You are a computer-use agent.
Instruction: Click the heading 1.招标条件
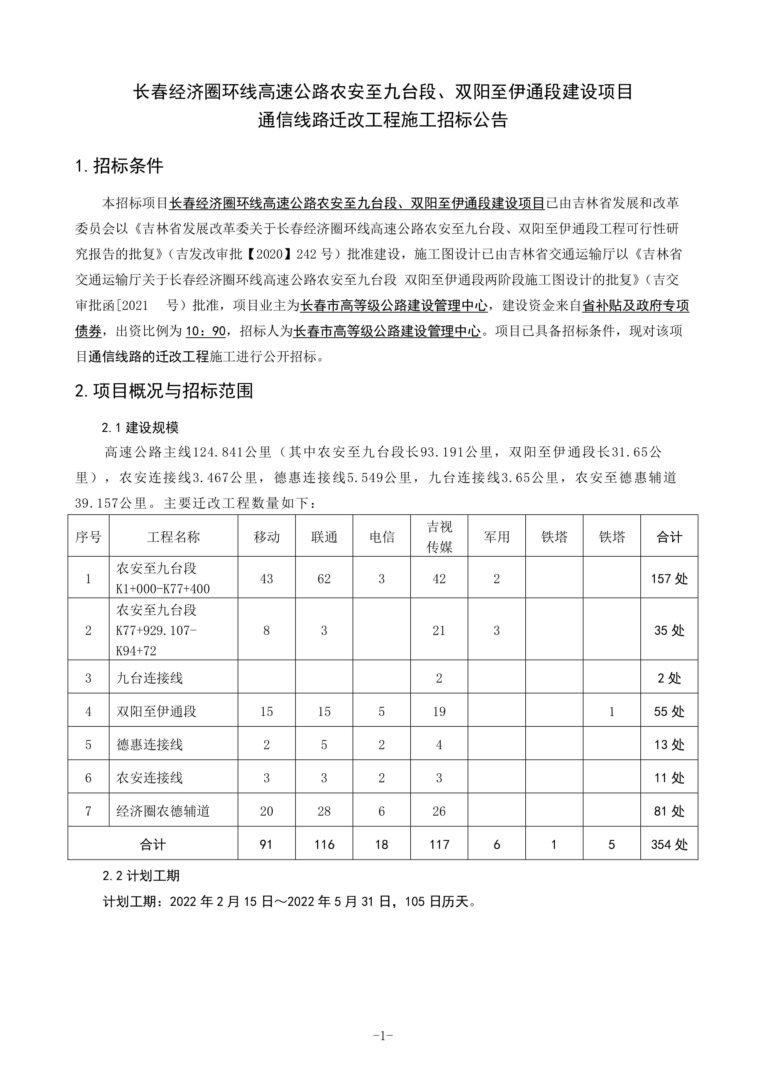pyautogui.click(x=119, y=166)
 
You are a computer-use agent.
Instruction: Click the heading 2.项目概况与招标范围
pyautogui.click(x=164, y=391)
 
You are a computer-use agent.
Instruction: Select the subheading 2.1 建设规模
pyautogui.click(x=140, y=428)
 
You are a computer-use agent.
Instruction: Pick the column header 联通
pyautogui.click(x=324, y=537)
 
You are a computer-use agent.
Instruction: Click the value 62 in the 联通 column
pyautogui.click(x=324, y=579)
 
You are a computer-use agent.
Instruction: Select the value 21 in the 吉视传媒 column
pyautogui.click(x=439, y=631)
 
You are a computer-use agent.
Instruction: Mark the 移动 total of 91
pyautogui.click(x=266, y=844)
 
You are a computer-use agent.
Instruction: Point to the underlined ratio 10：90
pyautogui.click(x=206, y=331)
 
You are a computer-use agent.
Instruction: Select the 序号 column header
pyautogui.click(x=88, y=537)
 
